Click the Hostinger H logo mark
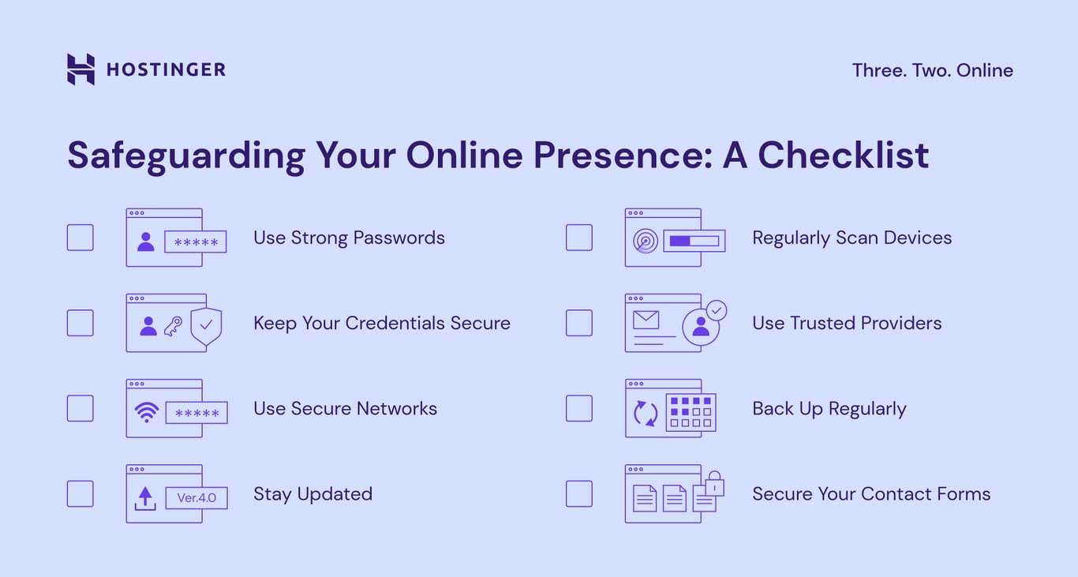click(80, 69)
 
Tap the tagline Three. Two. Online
click(932, 70)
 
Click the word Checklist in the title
click(843, 155)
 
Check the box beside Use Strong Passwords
click(80, 238)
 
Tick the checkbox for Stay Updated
click(80, 493)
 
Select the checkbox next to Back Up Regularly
click(578, 408)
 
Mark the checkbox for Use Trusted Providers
click(578, 323)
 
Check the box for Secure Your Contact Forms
click(578, 493)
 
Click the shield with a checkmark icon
click(206, 325)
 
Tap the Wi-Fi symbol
click(146, 412)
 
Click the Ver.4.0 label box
click(197, 498)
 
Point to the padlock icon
click(713, 483)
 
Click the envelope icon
click(646, 320)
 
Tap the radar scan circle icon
click(646, 242)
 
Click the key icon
click(173, 326)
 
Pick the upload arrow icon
click(145, 498)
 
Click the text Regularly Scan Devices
click(852, 238)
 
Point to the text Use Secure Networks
click(345, 408)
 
